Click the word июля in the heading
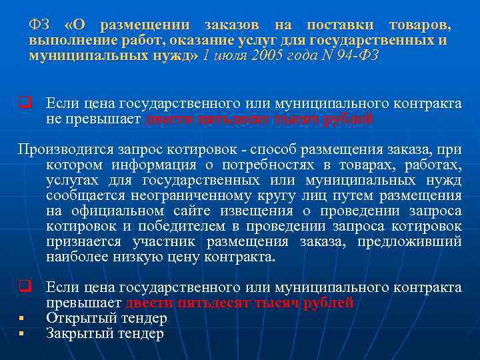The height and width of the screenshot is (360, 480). pos(229,56)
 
